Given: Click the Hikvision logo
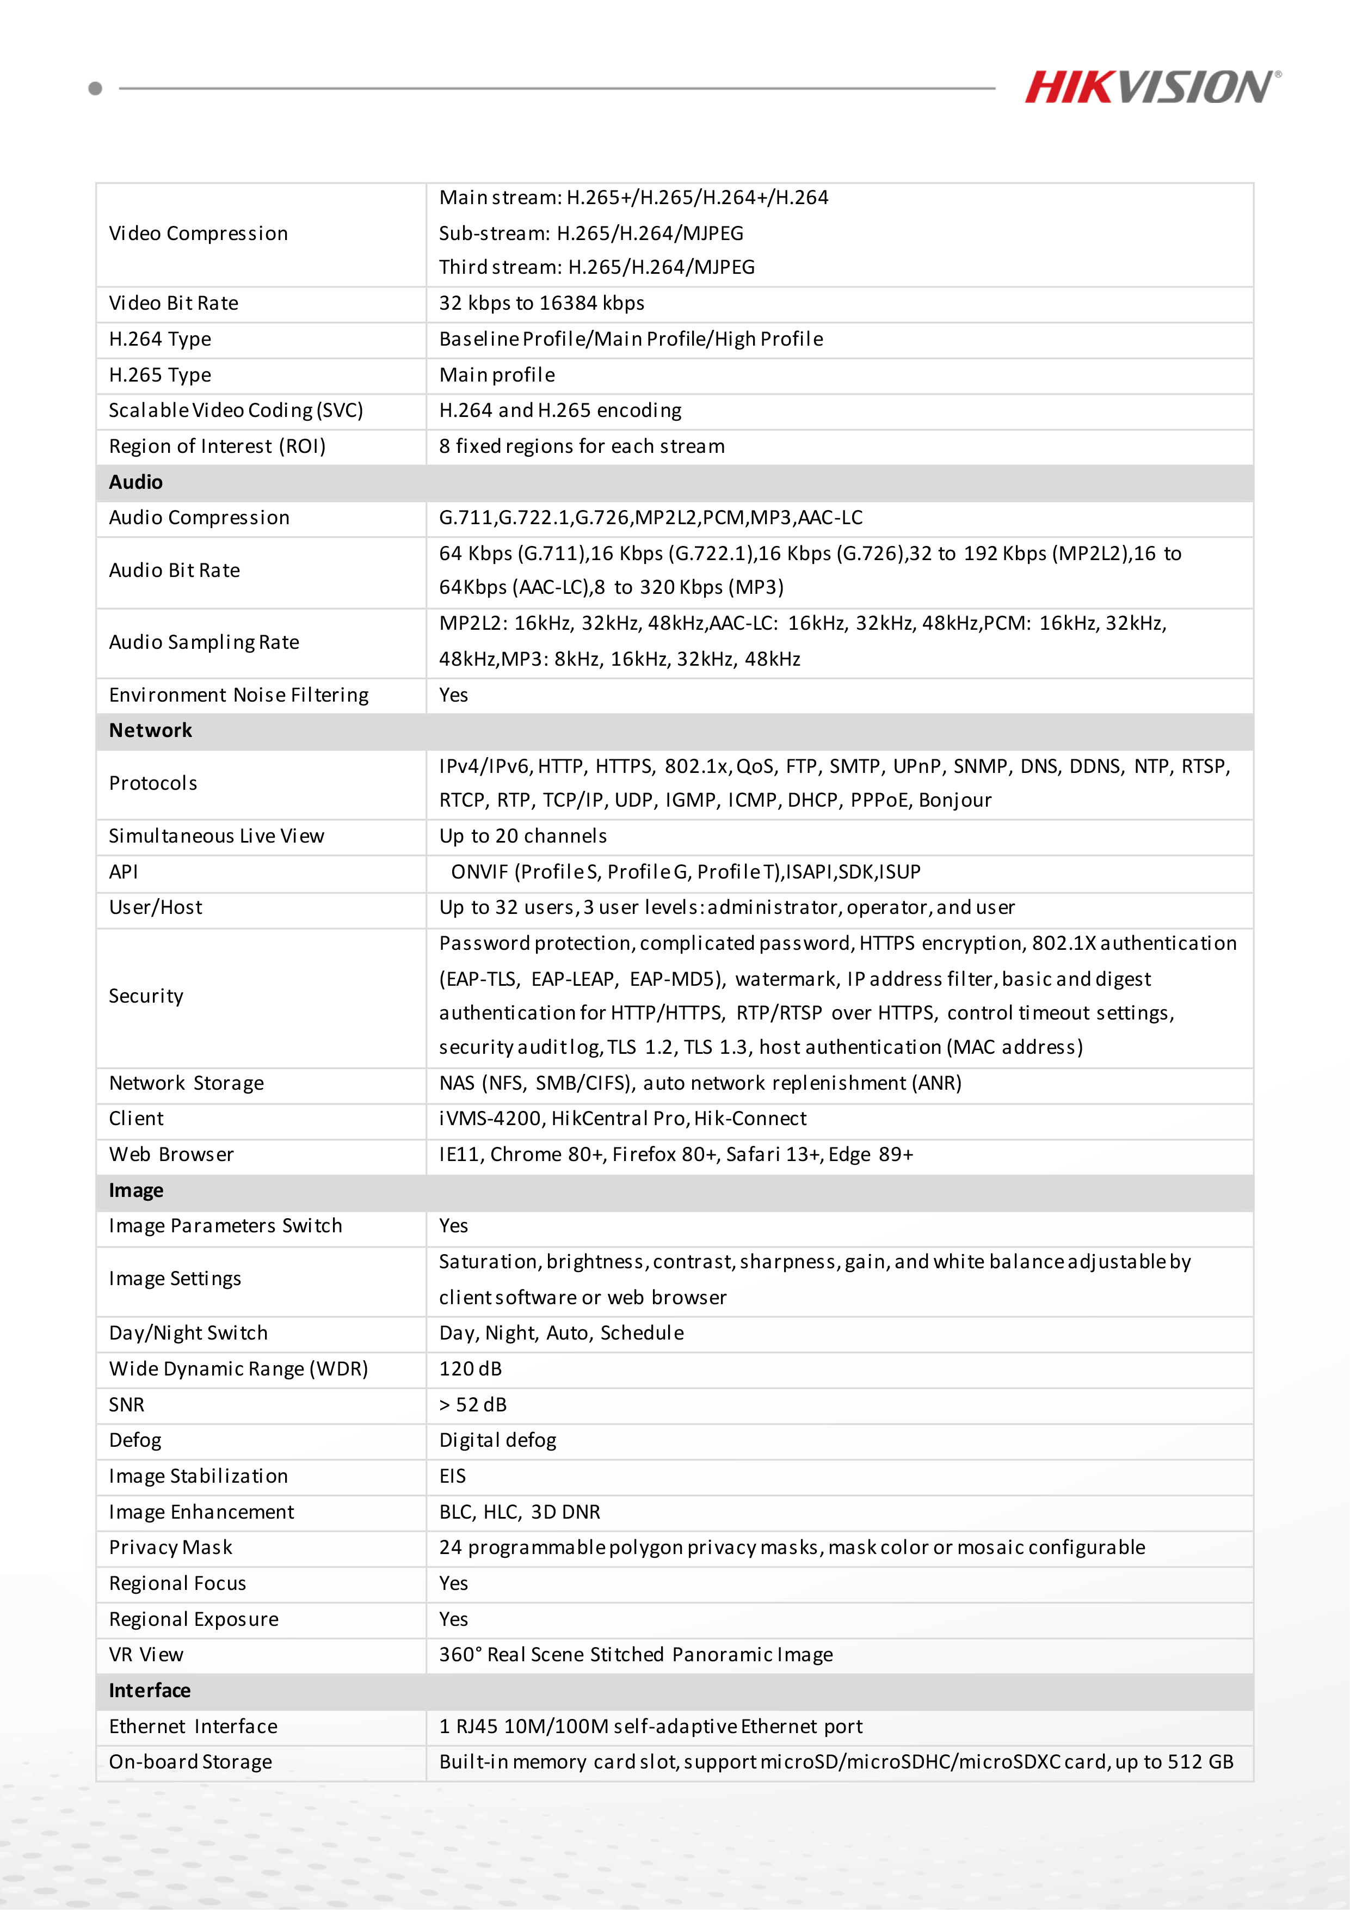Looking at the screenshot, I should [1151, 87].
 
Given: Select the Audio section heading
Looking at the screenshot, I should [135, 482].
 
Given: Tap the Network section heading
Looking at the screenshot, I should [151, 730].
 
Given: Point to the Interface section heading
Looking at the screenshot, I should [150, 1691].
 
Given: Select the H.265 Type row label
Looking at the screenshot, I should [160, 375].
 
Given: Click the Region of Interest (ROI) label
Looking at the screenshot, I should [217, 447].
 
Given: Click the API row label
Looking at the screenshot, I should [123, 872].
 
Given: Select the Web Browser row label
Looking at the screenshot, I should [171, 1154].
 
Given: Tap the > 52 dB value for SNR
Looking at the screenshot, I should [472, 1405].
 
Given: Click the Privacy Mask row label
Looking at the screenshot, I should [170, 1548].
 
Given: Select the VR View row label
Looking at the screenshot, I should [146, 1655].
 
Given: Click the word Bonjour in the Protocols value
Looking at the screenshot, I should [955, 800].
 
